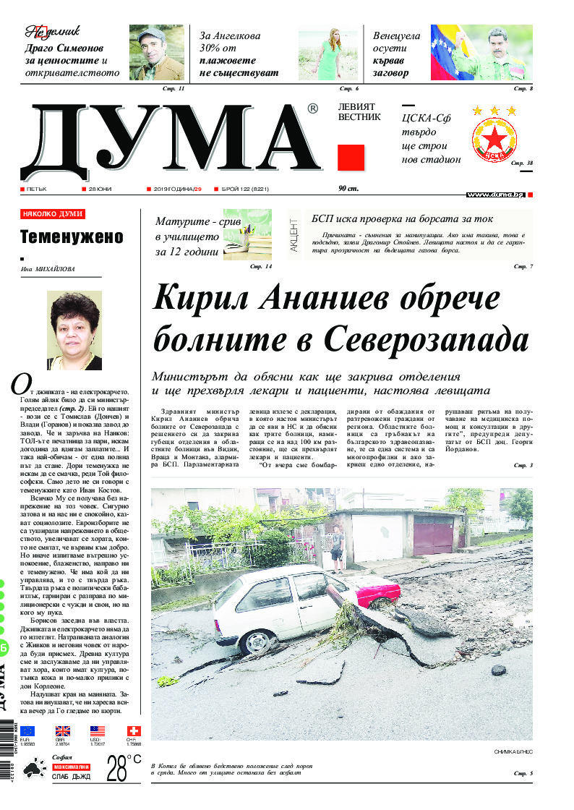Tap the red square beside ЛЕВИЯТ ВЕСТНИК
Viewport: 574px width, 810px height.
pos(351,158)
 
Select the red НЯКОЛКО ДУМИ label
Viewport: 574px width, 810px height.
pos(53,214)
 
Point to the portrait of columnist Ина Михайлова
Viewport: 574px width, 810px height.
pos(74,330)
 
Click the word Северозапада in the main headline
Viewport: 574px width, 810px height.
pos(426,338)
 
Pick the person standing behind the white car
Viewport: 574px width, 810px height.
pos(335,548)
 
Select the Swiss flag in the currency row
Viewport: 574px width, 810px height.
pos(134,731)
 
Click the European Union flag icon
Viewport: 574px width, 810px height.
pos(27,731)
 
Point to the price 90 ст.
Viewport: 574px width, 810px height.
pos(348,189)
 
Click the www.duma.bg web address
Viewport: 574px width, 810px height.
pos(495,195)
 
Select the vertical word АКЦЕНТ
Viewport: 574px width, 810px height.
pos(294,234)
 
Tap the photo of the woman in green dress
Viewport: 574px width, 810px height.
pos(330,52)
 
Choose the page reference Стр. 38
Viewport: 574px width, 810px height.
pos(521,163)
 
